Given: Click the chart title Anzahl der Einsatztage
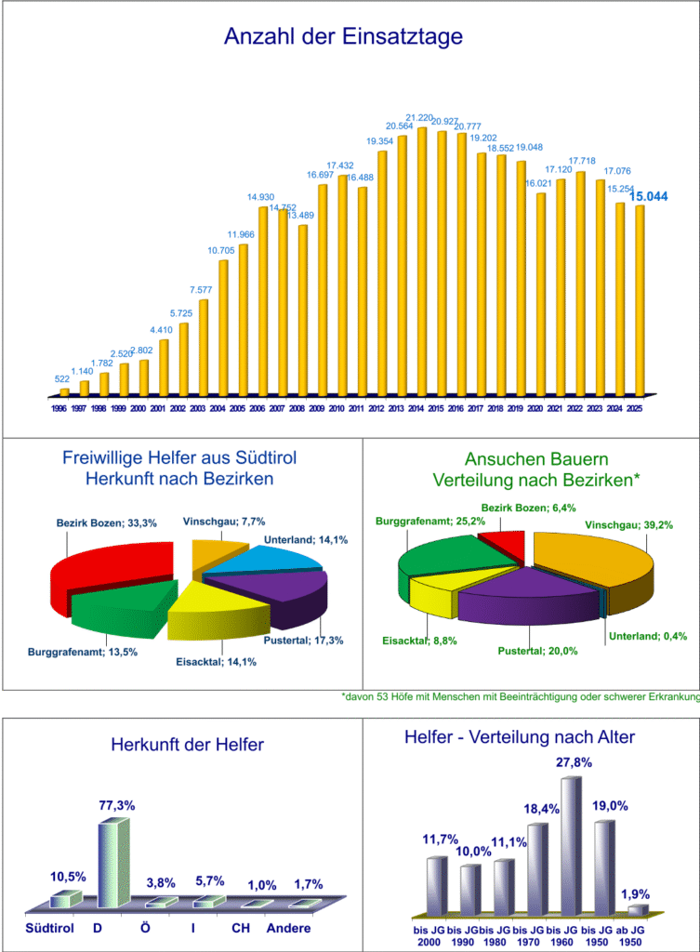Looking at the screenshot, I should [343, 37].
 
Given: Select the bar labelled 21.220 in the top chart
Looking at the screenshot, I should [422, 260].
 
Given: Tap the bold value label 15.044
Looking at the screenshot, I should [648, 196].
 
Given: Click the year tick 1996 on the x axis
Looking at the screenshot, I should [59, 407].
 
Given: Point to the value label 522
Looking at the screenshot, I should [62, 378].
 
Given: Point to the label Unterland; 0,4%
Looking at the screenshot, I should [648, 637].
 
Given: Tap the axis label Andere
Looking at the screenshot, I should [288, 928].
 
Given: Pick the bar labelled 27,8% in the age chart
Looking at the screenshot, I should [571, 841].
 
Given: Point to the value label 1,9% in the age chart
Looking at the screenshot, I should [635, 894].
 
